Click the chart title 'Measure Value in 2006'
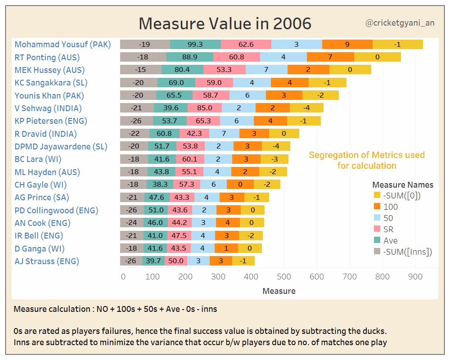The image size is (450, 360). tap(225, 23)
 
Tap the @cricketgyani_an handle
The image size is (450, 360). tap(400, 22)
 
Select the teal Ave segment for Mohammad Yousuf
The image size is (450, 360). tap(195, 44)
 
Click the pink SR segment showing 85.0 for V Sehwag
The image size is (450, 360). tap(204, 108)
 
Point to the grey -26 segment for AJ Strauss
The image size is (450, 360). tap(131, 261)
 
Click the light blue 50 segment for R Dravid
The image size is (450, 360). tap(224, 134)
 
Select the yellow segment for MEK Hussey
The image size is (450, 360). tap(350, 70)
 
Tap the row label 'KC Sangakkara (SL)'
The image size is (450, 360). tap(51, 83)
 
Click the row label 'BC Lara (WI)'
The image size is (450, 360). tap(38, 159)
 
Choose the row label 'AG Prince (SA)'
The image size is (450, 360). tap(42, 198)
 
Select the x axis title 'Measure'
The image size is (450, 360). tap(279, 291)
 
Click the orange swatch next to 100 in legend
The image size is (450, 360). tap(377, 207)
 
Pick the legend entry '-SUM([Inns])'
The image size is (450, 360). tap(407, 252)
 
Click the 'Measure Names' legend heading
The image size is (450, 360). tap(403, 185)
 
